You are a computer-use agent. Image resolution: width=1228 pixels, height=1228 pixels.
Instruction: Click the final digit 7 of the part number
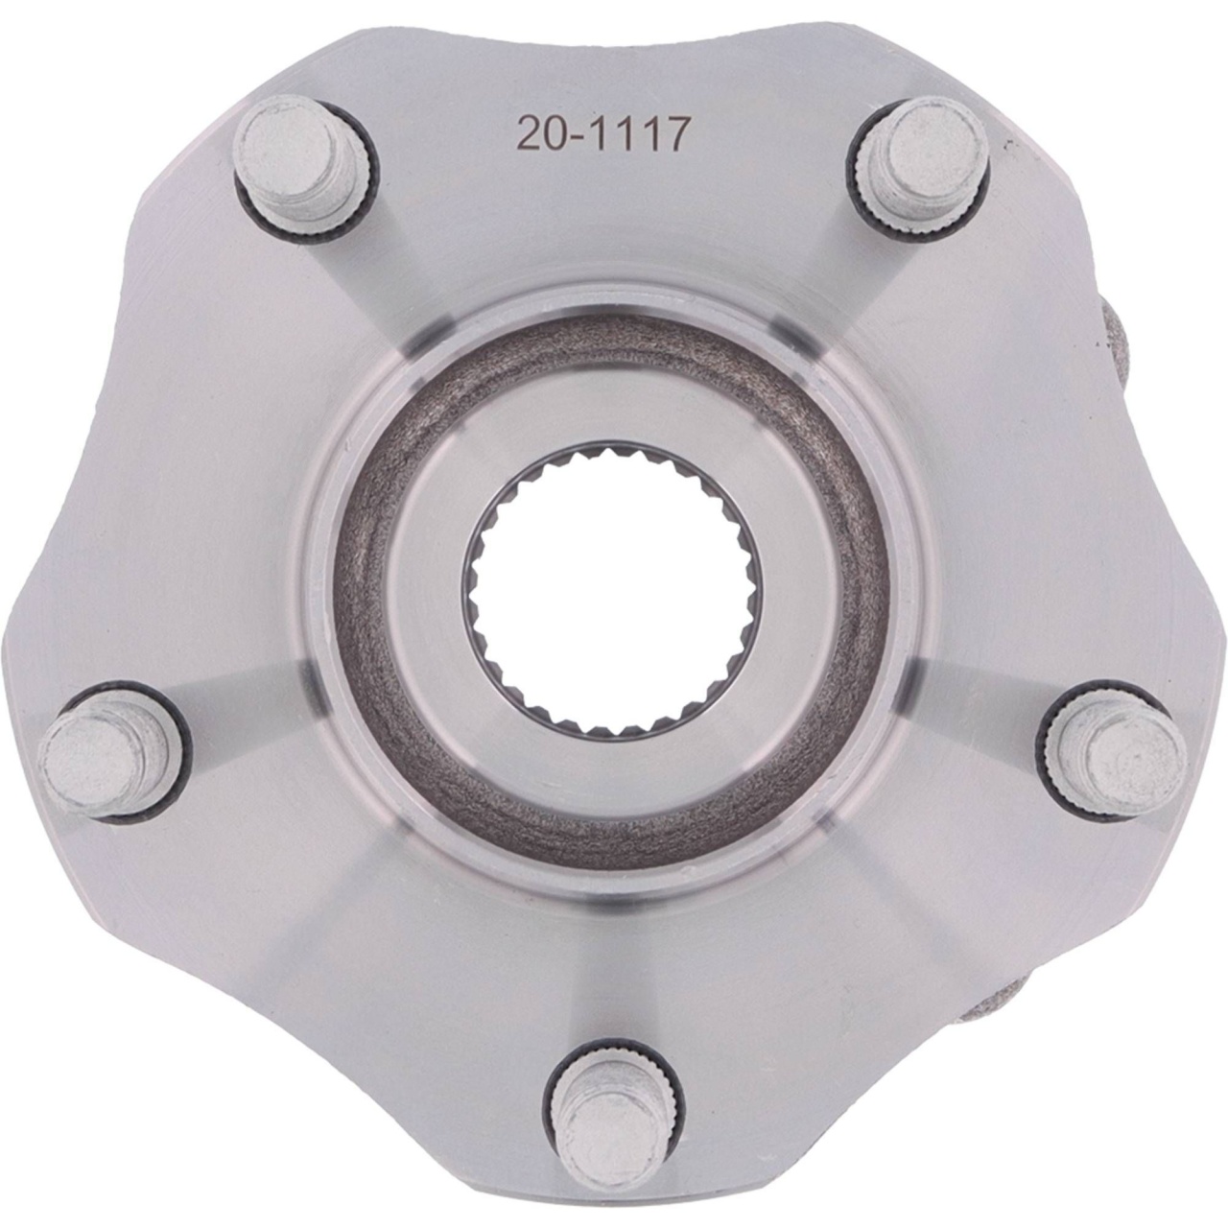pyautogui.click(x=676, y=134)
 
